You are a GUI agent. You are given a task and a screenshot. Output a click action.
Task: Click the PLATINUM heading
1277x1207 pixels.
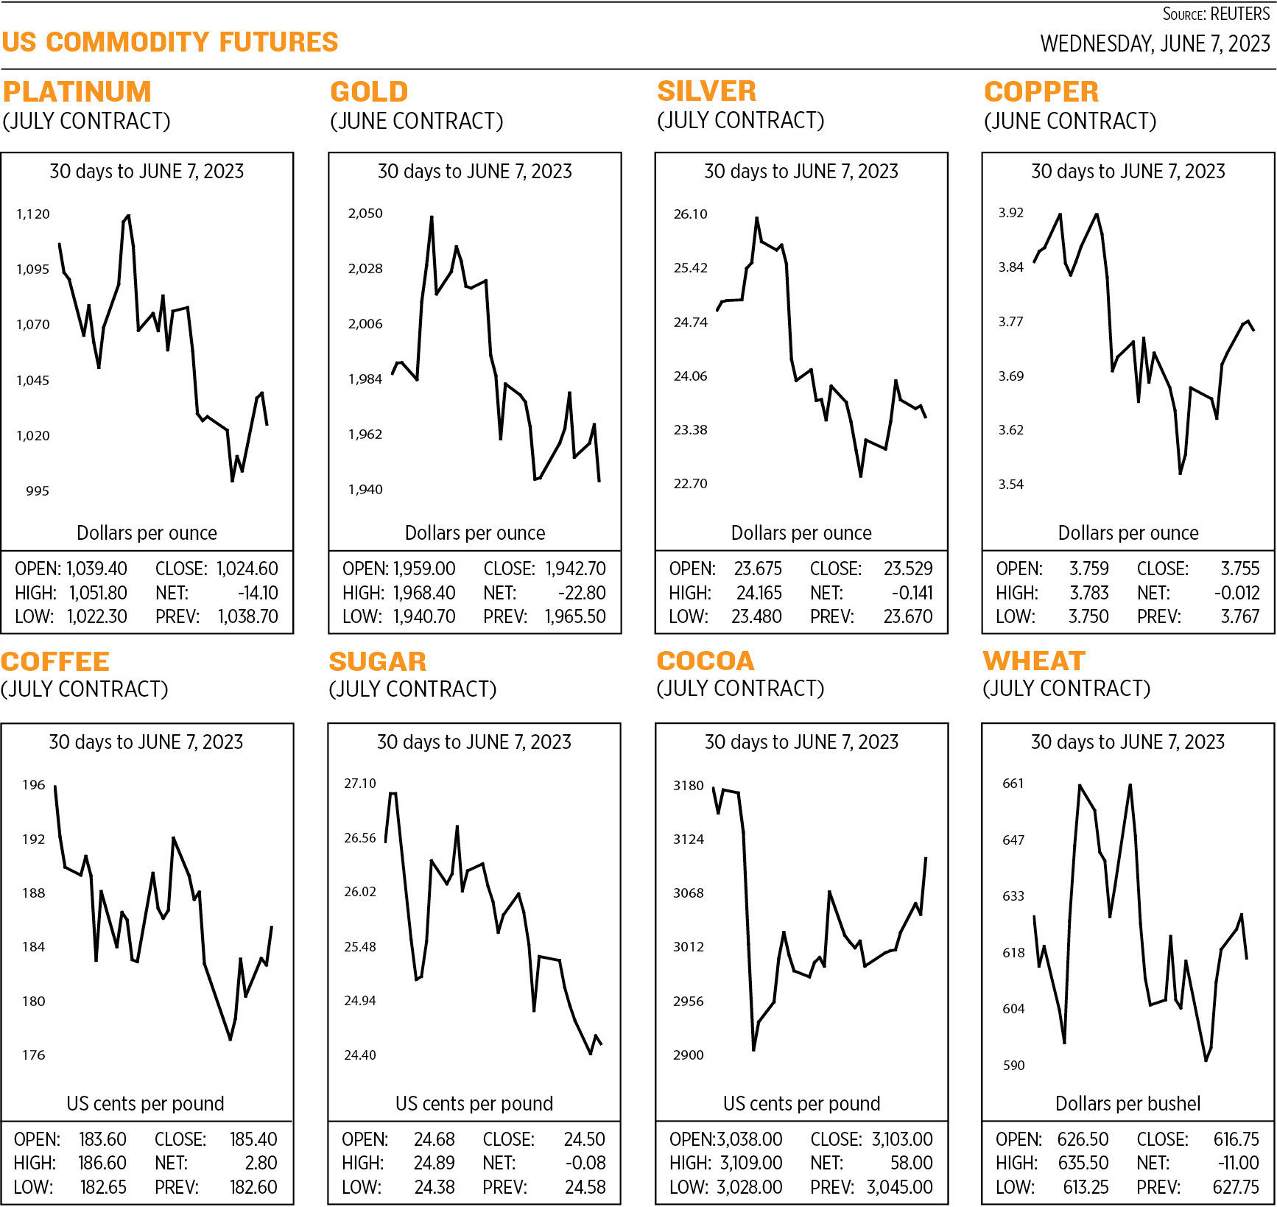click(77, 92)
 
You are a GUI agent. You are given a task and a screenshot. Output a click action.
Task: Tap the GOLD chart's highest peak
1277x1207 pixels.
click(432, 217)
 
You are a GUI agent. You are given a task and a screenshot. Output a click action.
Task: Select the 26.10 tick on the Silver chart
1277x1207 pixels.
click(690, 214)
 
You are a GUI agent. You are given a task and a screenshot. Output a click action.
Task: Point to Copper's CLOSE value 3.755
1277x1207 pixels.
click(1240, 569)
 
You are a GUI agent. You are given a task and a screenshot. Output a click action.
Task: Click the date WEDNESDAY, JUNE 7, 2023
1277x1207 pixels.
click(1155, 44)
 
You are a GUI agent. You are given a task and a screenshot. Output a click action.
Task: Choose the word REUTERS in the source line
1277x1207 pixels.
click(1240, 14)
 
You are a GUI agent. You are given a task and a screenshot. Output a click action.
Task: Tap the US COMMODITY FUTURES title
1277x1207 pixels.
click(170, 42)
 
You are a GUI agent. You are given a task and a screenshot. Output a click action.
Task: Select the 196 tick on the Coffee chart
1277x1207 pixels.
click(34, 785)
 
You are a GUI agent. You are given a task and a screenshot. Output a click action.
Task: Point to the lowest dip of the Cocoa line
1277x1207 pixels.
click(753, 1049)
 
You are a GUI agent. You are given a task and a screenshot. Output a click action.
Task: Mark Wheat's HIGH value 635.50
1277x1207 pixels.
click(1083, 1163)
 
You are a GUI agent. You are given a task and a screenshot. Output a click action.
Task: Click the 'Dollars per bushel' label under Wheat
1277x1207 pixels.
click(1128, 1103)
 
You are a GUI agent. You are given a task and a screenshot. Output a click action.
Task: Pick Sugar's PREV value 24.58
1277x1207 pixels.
click(585, 1187)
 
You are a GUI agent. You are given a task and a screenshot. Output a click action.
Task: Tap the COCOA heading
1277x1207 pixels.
click(706, 661)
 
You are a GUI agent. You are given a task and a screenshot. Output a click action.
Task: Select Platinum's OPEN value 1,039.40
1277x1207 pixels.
click(96, 569)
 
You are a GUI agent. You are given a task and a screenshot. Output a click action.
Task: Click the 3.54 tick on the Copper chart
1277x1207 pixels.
click(1011, 485)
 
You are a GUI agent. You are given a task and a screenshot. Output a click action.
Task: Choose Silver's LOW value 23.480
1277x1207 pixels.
click(756, 616)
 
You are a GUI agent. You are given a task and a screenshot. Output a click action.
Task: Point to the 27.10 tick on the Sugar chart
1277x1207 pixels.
click(360, 784)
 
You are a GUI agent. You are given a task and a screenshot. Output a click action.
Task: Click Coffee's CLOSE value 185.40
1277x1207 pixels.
click(253, 1139)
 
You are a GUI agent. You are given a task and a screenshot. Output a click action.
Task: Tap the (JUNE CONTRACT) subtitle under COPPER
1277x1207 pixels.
click(1070, 122)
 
